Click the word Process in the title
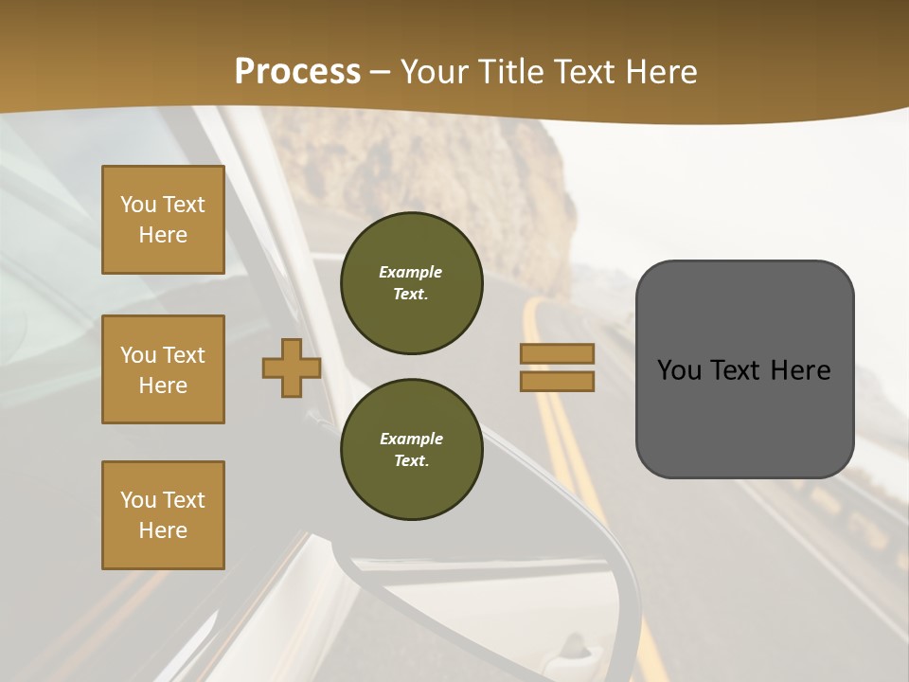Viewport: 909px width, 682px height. [x=297, y=72]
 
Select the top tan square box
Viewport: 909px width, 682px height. [x=163, y=220]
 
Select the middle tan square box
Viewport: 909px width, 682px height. [x=163, y=369]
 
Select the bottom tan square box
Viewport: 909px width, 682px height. [x=163, y=514]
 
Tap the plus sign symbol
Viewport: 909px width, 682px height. [x=292, y=368]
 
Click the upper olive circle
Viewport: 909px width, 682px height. [x=411, y=283]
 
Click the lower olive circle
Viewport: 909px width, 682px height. [x=411, y=449]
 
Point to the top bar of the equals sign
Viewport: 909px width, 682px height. [x=557, y=354]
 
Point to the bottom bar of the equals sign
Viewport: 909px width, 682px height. [x=557, y=381]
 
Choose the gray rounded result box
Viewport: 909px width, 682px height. [x=744, y=369]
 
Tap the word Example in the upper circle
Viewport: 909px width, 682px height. [x=411, y=272]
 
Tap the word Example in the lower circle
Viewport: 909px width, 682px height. [x=411, y=439]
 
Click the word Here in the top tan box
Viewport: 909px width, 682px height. [x=163, y=235]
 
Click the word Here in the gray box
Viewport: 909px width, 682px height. [x=801, y=370]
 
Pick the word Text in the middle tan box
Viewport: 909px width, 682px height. [x=184, y=355]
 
